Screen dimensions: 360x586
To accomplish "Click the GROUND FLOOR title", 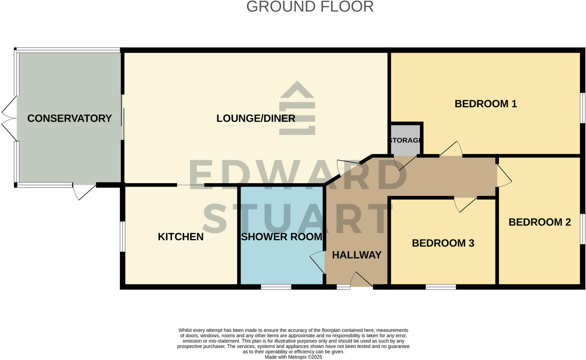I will pos(310,7).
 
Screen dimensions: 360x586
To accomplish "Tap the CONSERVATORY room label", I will pos(69,118).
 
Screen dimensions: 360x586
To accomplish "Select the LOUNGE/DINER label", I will pos(256,118).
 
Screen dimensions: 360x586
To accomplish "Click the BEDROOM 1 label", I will pos(486,104).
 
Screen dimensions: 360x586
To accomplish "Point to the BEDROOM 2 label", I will pos(540,222).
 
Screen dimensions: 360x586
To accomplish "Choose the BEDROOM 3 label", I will pos(443,243).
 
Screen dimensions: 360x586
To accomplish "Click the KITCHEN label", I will pos(181,237).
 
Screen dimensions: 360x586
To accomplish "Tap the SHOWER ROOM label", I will pos(282,237).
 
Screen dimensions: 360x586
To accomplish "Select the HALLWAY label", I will pos(357,255).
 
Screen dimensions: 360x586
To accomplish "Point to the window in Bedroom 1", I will pos(583,108).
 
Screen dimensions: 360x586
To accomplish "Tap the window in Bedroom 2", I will pos(583,229).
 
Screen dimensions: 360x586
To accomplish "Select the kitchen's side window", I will pos(122,236).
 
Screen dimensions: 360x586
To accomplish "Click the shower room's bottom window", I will pos(276,287).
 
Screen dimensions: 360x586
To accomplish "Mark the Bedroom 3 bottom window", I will pos(441,287).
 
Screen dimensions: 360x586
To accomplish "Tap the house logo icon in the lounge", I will pos(297,108).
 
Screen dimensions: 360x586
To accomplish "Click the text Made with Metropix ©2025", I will pos(293,357).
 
